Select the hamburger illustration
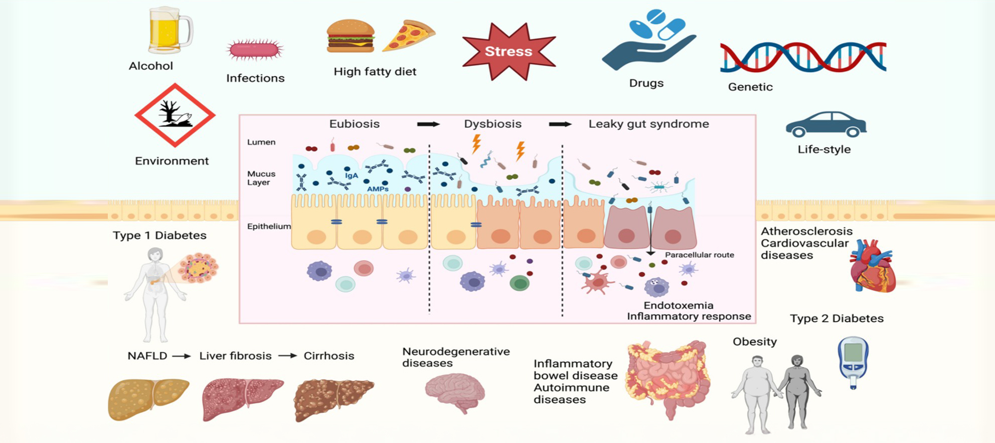(x=350, y=36)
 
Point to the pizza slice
(x=408, y=36)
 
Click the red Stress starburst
(x=509, y=51)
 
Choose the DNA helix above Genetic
(x=802, y=57)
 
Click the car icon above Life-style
(x=825, y=124)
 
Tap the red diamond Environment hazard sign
(x=175, y=115)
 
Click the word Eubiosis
(x=354, y=124)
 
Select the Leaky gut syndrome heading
(x=648, y=124)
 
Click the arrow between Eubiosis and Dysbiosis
(x=428, y=124)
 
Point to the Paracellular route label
(x=699, y=255)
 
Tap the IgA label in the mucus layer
(x=351, y=176)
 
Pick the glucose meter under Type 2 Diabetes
(x=853, y=361)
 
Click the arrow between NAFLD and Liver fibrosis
(x=182, y=356)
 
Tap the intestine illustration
(x=667, y=376)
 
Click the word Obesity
(x=754, y=342)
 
